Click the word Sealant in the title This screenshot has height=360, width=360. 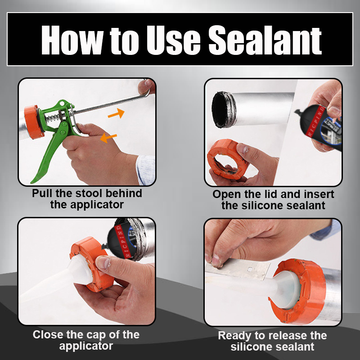point(265,40)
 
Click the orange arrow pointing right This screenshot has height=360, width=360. point(117,113)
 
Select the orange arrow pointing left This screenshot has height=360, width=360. point(108,138)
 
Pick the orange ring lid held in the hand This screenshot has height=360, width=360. point(226,158)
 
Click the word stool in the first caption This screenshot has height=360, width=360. point(89,193)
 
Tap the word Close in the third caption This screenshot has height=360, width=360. point(48,335)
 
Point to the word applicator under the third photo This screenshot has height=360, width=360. point(86,346)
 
